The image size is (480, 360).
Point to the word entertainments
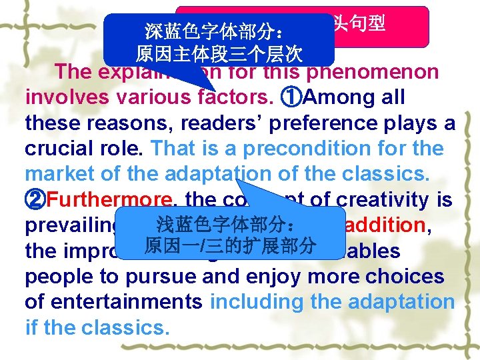click(x=113, y=302)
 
